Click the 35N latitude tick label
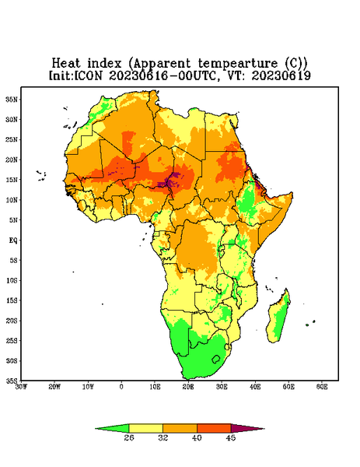12,99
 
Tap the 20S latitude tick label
12,321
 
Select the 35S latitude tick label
12,381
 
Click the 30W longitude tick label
21,387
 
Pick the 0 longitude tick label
121,387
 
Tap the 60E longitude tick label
322,387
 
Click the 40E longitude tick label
255,387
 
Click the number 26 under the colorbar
129,437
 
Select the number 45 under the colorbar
231,437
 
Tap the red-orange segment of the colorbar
214,428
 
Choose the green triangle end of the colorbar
112,428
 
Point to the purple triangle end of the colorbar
247,428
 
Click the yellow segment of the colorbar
145,428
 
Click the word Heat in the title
66,64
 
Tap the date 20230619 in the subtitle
281,75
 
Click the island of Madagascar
278,318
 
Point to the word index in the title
105,64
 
